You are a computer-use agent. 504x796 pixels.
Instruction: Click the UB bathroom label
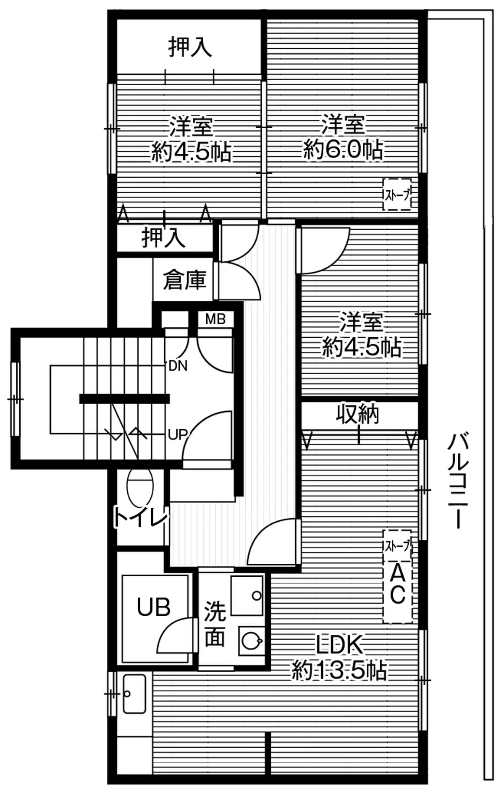154,607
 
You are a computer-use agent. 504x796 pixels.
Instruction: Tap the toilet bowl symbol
139,487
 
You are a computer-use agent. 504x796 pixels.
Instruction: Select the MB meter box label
215,319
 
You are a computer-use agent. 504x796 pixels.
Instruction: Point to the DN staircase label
178,366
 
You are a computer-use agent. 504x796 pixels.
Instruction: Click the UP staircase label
177,434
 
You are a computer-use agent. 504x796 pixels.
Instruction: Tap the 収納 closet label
358,414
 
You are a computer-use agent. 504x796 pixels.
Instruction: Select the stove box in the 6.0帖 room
397,194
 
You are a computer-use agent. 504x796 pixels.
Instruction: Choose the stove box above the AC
397,546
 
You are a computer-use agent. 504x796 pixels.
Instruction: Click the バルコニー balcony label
458,479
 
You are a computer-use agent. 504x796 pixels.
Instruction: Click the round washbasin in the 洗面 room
252,641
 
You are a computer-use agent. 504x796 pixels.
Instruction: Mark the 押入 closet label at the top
190,47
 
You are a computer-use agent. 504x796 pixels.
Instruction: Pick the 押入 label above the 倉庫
164,237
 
